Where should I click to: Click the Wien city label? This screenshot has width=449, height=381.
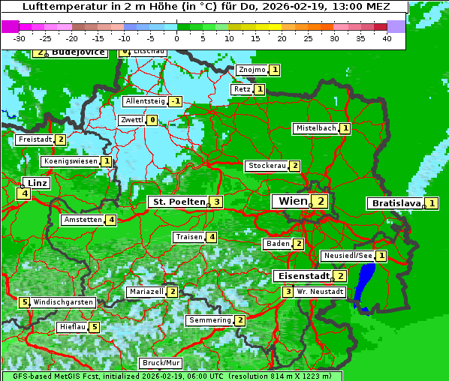(293, 201)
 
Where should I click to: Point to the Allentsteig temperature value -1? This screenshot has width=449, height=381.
(176, 101)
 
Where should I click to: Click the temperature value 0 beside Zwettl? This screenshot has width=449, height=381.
(152, 120)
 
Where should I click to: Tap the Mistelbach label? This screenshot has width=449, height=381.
(316, 128)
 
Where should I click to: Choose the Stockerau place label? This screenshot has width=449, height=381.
(267, 166)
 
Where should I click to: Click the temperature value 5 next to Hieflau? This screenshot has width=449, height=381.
(94, 327)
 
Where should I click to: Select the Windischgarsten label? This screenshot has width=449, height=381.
(63, 302)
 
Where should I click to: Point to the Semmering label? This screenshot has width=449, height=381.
(210, 320)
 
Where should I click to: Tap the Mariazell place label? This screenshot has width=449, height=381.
(146, 291)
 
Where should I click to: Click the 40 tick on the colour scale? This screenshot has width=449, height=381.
(387, 38)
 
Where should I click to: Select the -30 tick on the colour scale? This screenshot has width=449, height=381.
(20, 38)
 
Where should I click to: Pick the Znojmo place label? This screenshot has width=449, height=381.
(252, 70)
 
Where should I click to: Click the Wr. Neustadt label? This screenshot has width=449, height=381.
(321, 291)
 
